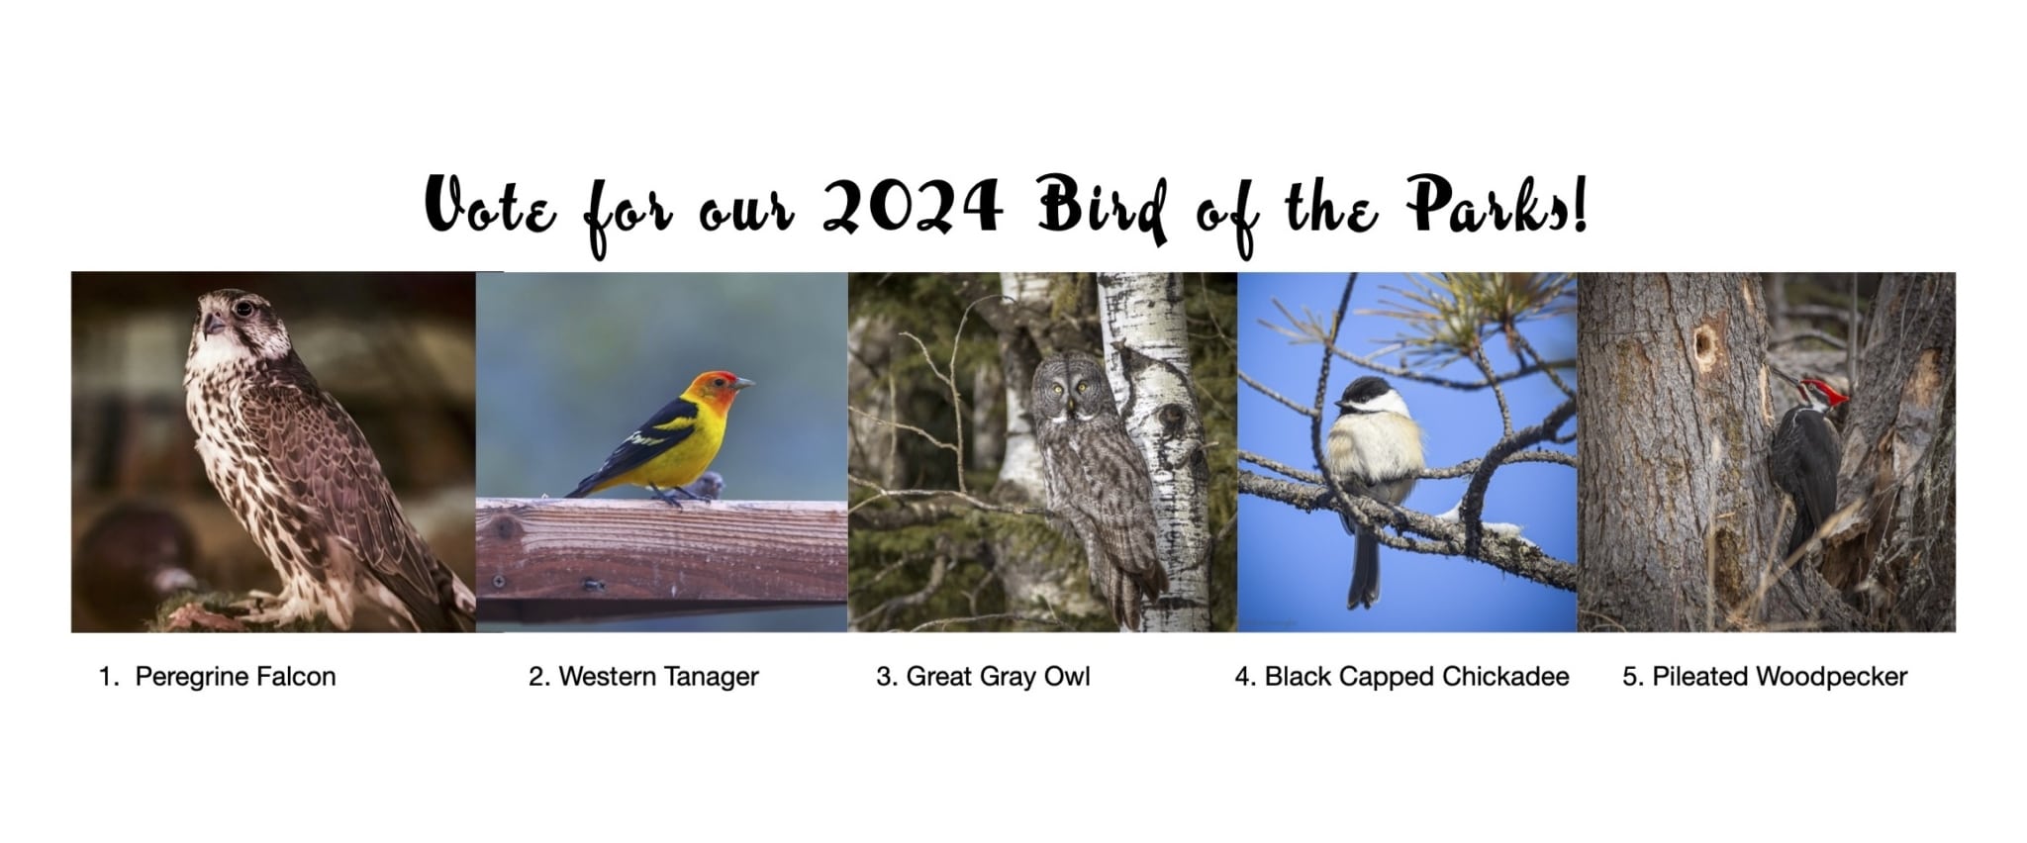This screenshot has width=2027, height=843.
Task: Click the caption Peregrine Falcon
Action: tap(236, 677)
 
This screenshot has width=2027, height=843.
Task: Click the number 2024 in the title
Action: tap(912, 206)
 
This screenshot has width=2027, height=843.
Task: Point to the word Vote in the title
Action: tap(491, 206)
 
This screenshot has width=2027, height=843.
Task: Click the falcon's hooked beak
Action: tap(211, 323)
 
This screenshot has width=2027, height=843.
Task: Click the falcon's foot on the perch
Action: tap(281, 600)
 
